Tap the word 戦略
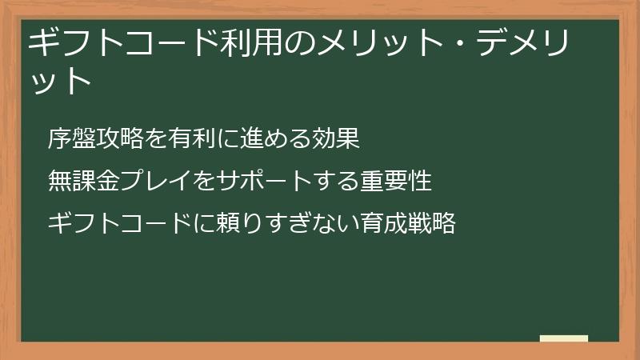coord(433,223)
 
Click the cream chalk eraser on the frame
coord(564,338)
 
